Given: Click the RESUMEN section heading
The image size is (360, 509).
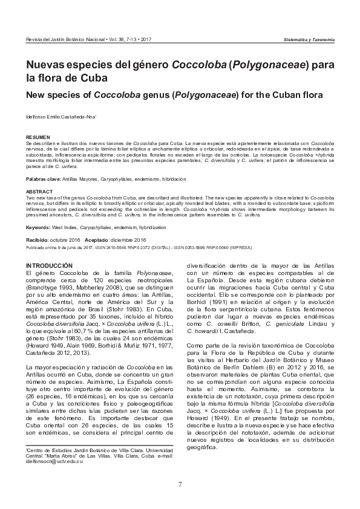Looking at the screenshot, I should (x=34, y=138).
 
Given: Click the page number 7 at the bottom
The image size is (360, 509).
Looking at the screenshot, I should (x=180, y=484).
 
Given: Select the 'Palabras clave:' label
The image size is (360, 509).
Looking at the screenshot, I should (x=43, y=180).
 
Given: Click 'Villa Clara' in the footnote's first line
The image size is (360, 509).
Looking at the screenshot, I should (x=129, y=450).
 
